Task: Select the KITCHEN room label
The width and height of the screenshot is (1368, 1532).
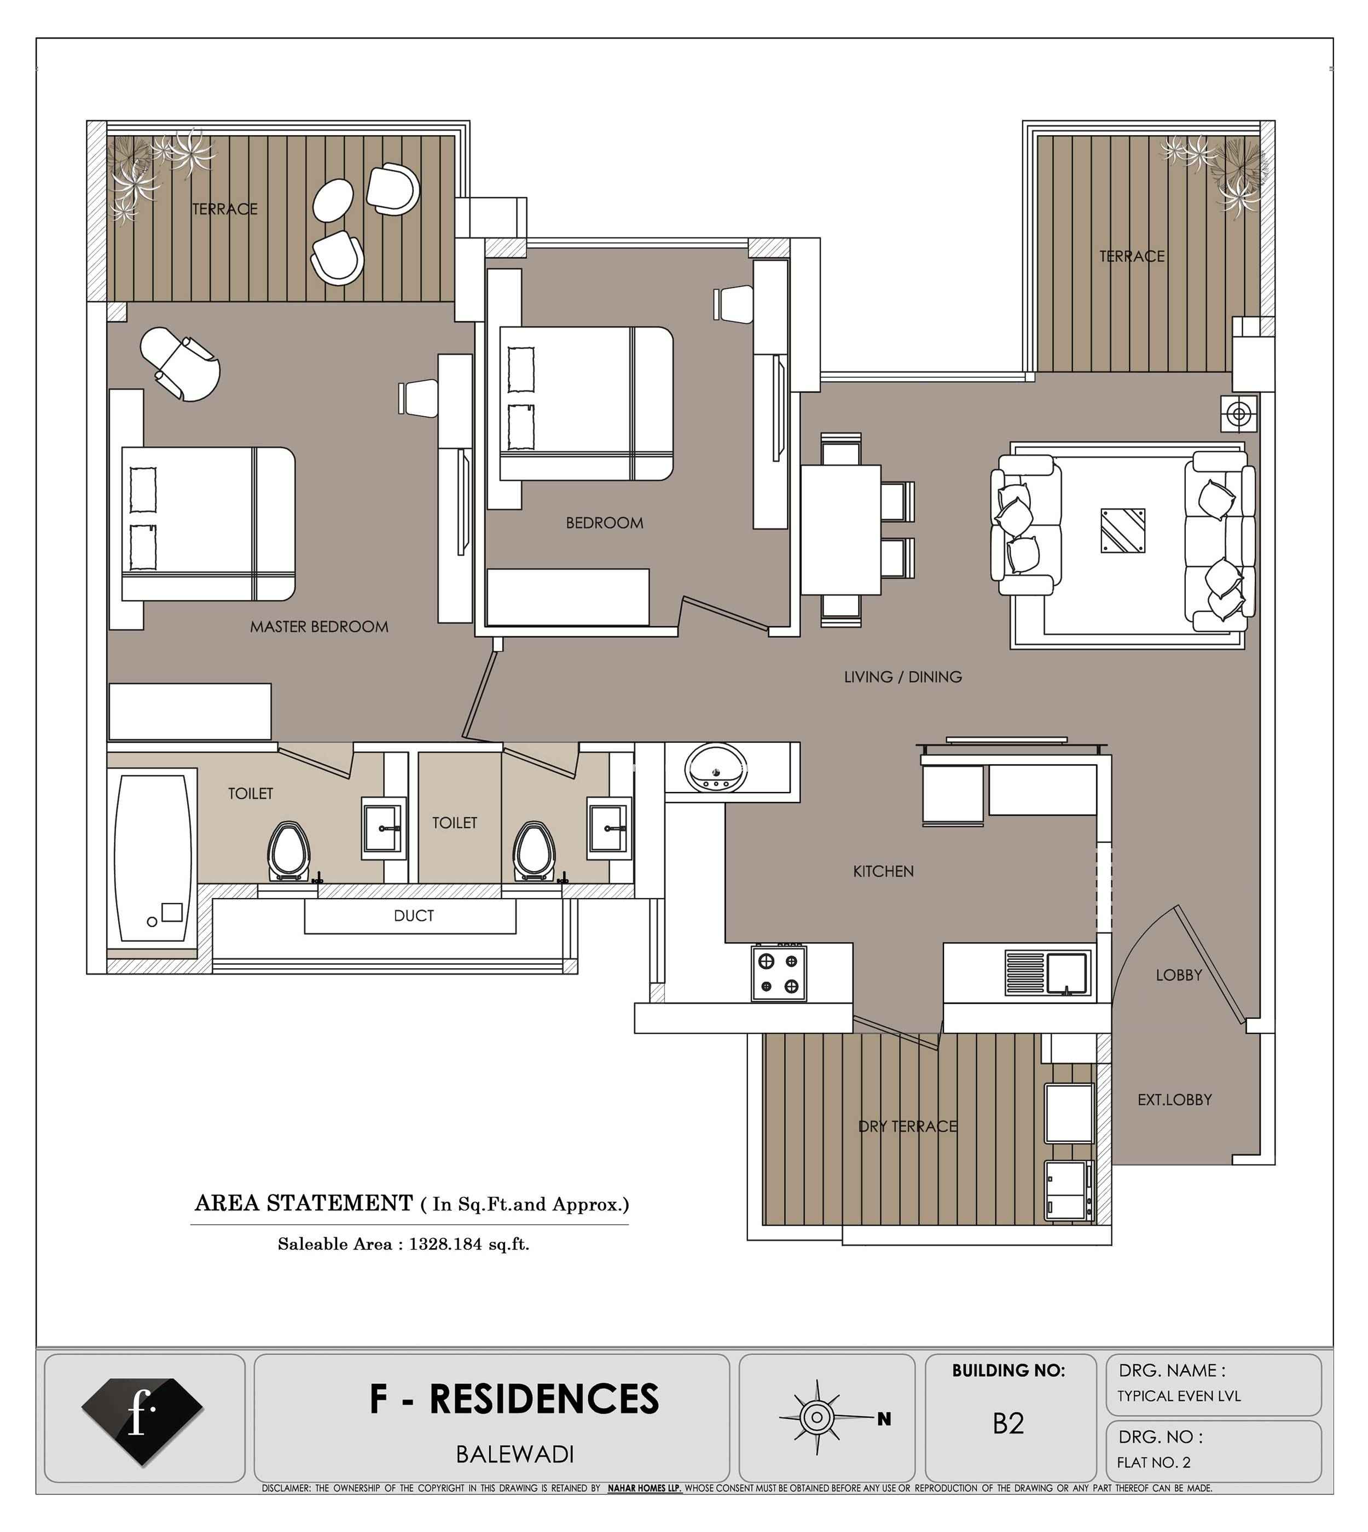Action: [x=883, y=872]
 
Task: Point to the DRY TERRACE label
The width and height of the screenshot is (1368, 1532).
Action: [x=907, y=1126]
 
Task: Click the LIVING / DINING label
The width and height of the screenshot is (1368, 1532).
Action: [x=903, y=677]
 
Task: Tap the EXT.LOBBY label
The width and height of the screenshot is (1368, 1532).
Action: [x=1174, y=1100]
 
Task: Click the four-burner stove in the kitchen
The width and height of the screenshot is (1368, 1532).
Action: [x=779, y=974]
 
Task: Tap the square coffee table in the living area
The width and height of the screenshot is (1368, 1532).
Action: [x=1123, y=531]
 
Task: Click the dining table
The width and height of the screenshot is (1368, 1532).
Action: [x=840, y=529]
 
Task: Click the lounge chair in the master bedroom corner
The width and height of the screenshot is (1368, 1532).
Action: [x=181, y=364]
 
